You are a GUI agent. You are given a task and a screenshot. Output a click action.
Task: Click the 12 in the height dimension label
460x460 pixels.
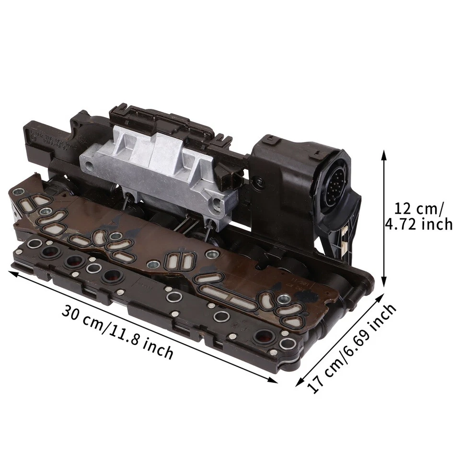[x=403, y=209]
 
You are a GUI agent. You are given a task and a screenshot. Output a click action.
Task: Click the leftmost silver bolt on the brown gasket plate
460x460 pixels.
[x=20, y=192]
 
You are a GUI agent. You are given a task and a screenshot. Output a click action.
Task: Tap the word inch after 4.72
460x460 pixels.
[x=436, y=224]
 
